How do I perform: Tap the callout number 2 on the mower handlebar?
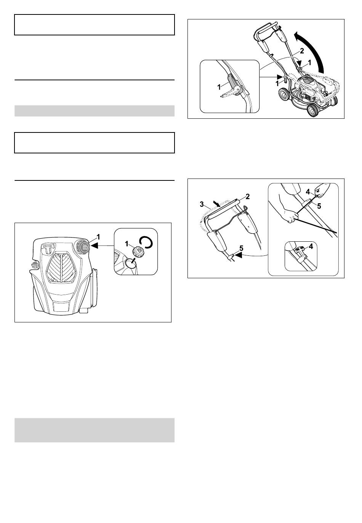[302, 51]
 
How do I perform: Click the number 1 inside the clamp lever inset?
[219, 87]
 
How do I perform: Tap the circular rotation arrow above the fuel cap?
[146, 242]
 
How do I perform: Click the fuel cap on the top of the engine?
[83, 247]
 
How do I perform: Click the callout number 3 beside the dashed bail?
[202, 204]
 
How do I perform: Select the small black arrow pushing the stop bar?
[217, 204]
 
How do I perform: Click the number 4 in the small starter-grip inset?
[311, 246]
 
